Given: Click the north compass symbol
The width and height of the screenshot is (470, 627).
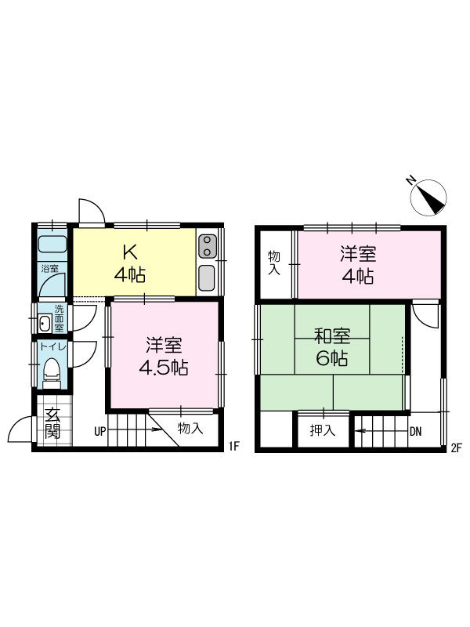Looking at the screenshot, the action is tap(428, 198).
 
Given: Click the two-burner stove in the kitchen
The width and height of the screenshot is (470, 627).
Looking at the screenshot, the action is tap(207, 246).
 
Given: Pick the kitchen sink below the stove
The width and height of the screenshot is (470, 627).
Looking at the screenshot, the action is tap(207, 277).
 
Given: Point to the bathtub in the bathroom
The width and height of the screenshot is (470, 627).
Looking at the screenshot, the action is tap(52, 244).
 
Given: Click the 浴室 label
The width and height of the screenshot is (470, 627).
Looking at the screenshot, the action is tap(49, 268).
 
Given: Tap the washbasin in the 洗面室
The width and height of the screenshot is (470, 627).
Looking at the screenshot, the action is tap(45, 323).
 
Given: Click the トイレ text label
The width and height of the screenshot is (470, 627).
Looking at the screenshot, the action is tap(52, 346).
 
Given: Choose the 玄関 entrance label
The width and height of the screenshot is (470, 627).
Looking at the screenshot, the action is tap(52, 423).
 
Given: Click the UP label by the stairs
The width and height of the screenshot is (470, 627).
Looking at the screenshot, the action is tap(100, 432).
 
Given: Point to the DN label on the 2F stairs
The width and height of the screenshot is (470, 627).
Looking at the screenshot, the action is tap(416, 432).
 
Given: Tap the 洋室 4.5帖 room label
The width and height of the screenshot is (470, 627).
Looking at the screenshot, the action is tap(164, 357).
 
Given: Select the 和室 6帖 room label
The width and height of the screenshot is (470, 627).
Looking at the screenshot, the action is tap(332, 347).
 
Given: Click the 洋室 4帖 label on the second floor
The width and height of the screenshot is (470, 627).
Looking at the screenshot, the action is tap(358, 265).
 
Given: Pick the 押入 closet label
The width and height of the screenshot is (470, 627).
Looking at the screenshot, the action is tap(323, 430).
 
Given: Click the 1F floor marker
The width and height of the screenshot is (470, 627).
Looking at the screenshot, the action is tap(233, 446).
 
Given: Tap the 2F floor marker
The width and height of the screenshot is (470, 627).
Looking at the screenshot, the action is tap(456, 448).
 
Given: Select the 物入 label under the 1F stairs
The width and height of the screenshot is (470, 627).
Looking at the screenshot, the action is tap(190, 428).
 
